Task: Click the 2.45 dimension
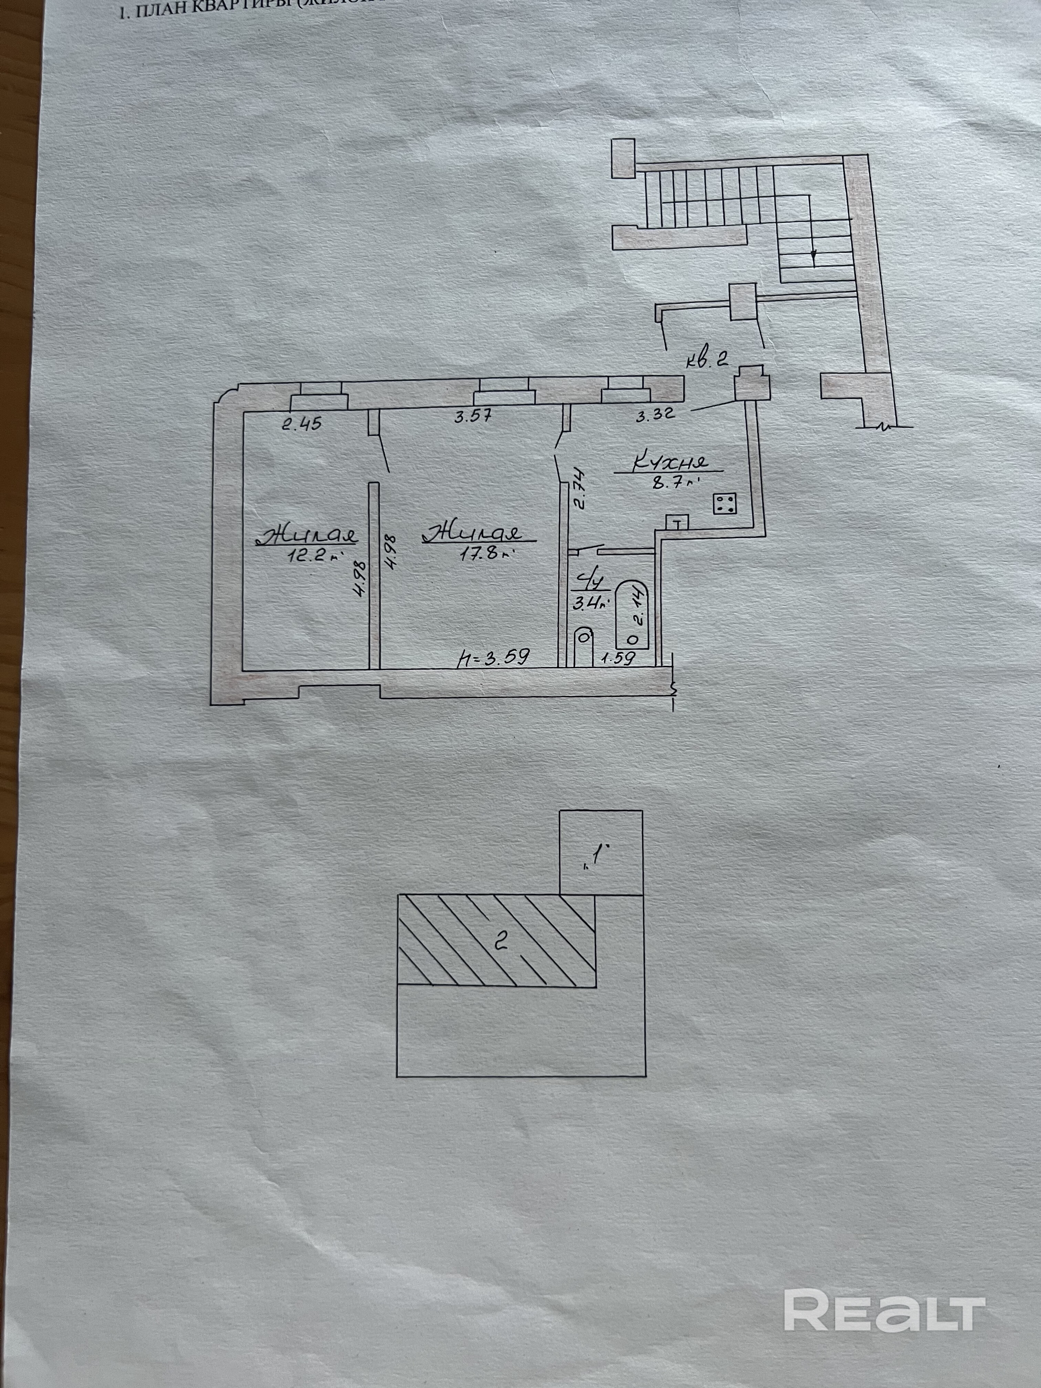(301, 423)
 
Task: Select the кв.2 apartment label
(706, 359)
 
